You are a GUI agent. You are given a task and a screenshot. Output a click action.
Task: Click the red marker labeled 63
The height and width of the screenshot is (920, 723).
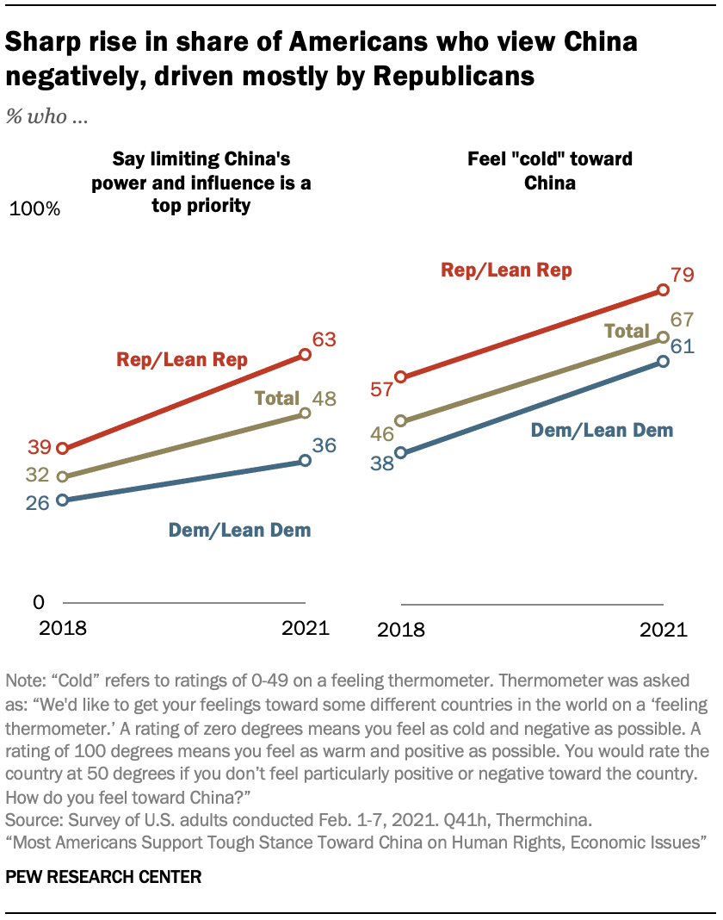(306, 353)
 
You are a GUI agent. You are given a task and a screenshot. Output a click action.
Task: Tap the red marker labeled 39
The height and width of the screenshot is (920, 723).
(62, 448)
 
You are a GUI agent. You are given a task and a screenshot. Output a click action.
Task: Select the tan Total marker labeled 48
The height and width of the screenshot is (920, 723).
(306, 413)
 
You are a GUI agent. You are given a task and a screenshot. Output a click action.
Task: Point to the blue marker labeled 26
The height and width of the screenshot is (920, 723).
(62, 500)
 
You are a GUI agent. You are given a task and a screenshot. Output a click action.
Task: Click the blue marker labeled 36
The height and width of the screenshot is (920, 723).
(306, 461)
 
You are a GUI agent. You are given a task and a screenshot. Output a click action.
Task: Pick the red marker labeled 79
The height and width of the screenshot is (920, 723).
(663, 291)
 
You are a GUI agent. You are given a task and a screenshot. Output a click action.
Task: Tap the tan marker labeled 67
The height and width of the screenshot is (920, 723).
(663, 338)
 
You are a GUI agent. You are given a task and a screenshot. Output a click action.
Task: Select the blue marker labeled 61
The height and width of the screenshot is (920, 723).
(663, 361)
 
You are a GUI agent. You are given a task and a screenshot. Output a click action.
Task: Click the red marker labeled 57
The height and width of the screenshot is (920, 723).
(401, 376)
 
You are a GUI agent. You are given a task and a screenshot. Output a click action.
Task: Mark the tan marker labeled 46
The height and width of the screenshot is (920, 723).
(401, 421)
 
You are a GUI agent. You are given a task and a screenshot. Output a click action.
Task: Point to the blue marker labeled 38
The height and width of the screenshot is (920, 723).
(401, 451)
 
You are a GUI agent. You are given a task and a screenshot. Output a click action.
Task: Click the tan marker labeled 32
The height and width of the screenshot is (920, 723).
(62, 476)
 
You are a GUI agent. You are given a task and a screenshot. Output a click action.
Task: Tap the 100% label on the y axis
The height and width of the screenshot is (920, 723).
(35, 209)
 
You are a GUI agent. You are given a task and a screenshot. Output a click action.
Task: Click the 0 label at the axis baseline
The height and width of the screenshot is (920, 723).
(39, 601)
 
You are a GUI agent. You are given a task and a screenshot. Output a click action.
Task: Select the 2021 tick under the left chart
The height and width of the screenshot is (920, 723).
(306, 627)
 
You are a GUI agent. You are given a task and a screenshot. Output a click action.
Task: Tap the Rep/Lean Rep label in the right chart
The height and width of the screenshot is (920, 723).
(506, 270)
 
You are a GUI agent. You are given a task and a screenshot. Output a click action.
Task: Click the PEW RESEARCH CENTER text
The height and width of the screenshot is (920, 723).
(103, 878)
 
